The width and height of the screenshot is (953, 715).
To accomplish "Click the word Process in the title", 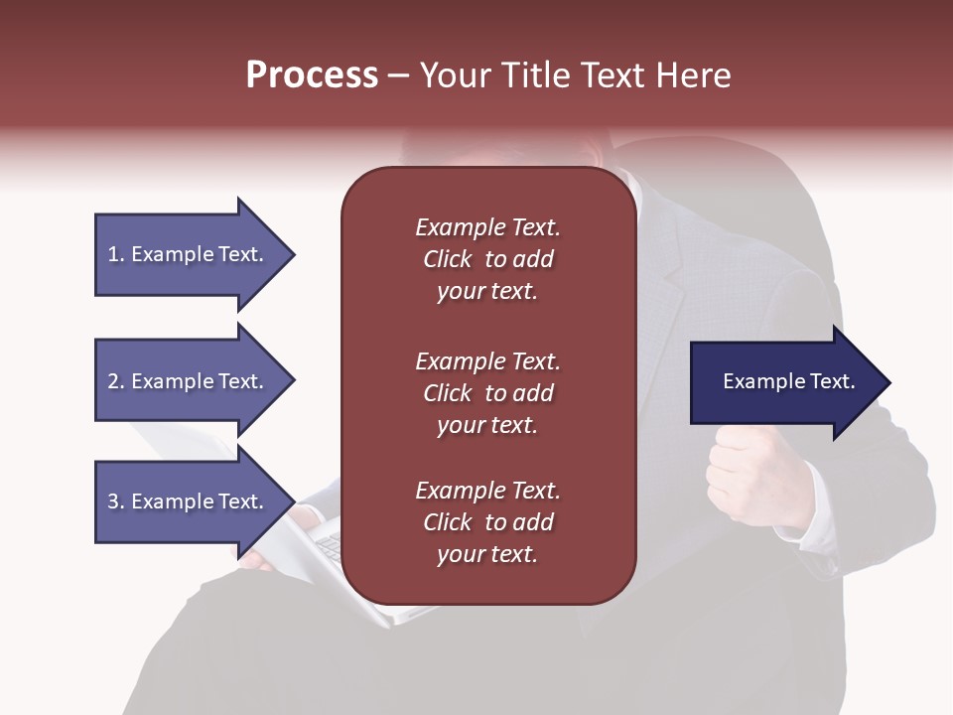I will point(312,75).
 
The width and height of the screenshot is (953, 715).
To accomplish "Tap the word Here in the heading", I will point(693,75).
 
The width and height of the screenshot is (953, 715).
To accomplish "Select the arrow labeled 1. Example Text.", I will point(189,254).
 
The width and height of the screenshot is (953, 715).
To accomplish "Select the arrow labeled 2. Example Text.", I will point(189,381).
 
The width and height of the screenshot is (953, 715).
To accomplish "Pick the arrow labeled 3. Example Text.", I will point(189,501).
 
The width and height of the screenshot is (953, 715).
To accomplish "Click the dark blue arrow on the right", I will point(784,382).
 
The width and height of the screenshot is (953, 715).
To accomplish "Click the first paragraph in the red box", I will point(487,259).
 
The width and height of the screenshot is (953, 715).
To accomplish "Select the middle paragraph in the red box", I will point(487,393).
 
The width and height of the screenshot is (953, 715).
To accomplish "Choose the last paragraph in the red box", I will point(487,522).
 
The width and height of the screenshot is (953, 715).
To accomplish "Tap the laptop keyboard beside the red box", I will point(331,545).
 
